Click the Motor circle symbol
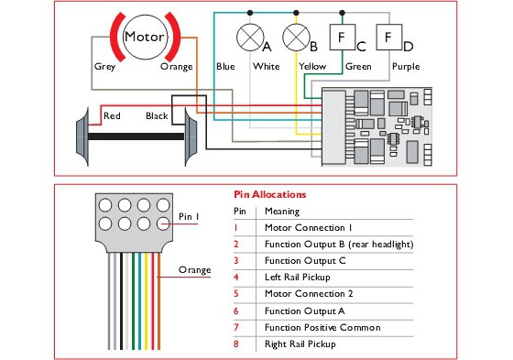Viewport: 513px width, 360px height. [146, 37]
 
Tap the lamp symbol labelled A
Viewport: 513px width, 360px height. [250, 38]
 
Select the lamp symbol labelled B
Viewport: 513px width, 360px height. [296, 38]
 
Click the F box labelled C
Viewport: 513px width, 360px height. [343, 37]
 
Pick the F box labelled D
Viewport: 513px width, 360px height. [389, 37]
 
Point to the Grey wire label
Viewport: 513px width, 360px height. [104, 67]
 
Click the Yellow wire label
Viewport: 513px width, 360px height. [312, 67]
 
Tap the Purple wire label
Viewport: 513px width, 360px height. [406, 67]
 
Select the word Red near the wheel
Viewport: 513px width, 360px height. [112, 115]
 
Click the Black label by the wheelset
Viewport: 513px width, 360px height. [157, 115]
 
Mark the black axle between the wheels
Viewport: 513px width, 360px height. [136, 136]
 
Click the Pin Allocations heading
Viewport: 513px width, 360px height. [270, 195]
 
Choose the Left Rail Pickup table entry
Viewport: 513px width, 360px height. [298, 278]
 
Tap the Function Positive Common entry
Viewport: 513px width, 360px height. [322, 327]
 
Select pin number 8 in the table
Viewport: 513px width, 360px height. [236, 344]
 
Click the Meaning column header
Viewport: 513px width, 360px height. [282, 212]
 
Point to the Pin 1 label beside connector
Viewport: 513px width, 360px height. [189, 217]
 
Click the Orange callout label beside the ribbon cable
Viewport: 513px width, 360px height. [194, 270]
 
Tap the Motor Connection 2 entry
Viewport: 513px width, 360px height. [309, 293]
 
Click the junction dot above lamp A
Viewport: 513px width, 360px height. [250, 13]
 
